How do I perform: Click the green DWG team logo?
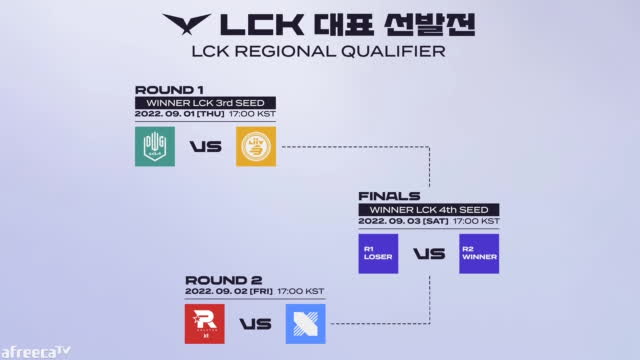pyautogui.click(x=154, y=147)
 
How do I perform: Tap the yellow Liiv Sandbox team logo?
pyautogui.click(x=256, y=147)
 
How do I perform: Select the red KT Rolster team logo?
pyautogui.click(x=205, y=322)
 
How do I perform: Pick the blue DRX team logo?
pyautogui.click(x=305, y=322)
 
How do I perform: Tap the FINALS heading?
pyautogui.click(x=383, y=196)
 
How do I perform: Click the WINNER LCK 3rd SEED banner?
pyautogui.click(x=204, y=102)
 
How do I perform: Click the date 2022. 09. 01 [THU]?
pyautogui.click(x=178, y=115)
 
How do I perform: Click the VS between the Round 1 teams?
pyautogui.click(x=205, y=148)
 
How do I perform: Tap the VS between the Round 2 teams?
pyautogui.click(x=255, y=323)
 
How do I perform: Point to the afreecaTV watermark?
pyautogui.click(x=36, y=350)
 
